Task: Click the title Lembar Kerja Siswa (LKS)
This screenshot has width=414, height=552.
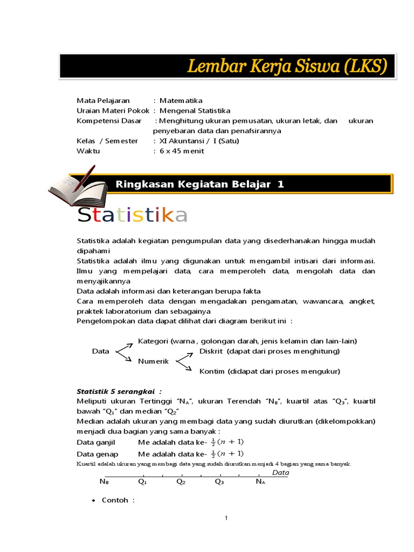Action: click(x=287, y=66)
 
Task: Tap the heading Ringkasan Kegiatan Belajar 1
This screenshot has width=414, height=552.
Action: click(x=199, y=184)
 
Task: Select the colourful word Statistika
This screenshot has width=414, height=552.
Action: click(x=133, y=215)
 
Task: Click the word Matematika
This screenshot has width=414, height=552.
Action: click(x=181, y=100)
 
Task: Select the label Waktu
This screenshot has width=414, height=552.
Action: click(x=88, y=151)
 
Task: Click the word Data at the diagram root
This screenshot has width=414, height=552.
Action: click(x=101, y=351)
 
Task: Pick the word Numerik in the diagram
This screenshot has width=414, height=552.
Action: click(x=154, y=361)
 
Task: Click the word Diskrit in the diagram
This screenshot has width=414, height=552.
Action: click(x=211, y=351)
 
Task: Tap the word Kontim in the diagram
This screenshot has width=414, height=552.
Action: click(x=212, y=371)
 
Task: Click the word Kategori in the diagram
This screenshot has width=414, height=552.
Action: click(x=154, y=341)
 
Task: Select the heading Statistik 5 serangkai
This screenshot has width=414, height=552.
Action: click(x=119, y=391)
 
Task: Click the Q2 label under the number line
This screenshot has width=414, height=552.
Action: click(x=181, y=482)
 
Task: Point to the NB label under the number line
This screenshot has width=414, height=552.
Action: click(x=104, y=482)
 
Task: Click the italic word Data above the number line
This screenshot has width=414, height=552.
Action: click(x=280, y=473)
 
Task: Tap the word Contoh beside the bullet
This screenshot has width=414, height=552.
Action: click(x=115, y=500)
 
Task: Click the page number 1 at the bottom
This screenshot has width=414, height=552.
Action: click(x=227, y=518)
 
